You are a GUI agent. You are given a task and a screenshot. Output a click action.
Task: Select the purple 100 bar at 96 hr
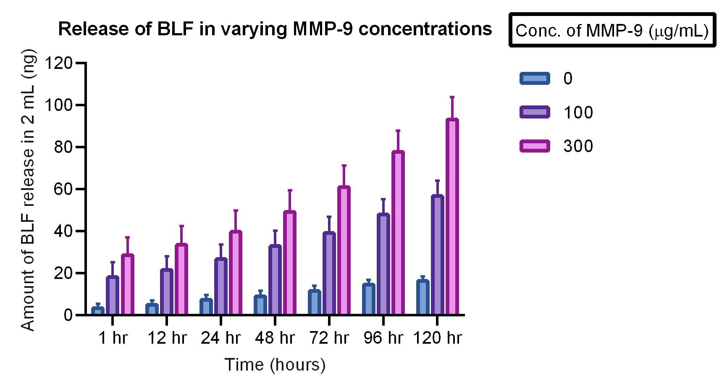click(x=383, y=264)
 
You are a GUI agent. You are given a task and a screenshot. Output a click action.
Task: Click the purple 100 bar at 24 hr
click(x=221, y=287)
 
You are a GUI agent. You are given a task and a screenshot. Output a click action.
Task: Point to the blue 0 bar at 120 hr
click(x=423, y=297)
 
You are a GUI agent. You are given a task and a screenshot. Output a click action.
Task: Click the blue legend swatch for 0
click(x=534, y=79)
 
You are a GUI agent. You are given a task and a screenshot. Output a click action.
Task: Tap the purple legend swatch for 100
click(x=534, y=112)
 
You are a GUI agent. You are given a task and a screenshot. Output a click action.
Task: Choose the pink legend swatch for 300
click(x=534, y=146)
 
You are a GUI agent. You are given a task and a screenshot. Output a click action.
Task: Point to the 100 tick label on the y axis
click(x=59, y=105)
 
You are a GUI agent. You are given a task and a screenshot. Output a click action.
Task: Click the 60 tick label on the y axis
click(x=63, y=189)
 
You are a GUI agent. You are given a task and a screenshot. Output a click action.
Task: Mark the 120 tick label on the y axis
click(x=59, y=63)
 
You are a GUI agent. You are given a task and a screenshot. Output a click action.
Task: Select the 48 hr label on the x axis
click(x=275, y=338)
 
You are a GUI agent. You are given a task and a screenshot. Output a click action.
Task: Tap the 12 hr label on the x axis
click(x=167, y=338)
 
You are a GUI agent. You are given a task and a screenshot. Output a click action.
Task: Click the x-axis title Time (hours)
click(x=275, y=365)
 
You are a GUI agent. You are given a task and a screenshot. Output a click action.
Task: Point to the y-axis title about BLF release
click(x=28, y=190)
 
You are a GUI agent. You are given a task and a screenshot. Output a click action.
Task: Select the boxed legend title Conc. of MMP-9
click(x=612, y=30)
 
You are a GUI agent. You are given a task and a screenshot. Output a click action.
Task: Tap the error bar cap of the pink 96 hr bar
click(x=398, y=131)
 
